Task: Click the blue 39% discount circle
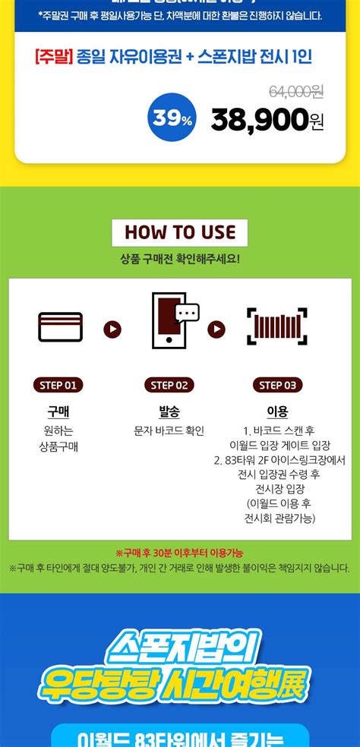pos(173,118)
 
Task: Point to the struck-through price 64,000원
pos(296,91)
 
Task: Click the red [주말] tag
pos(52,56)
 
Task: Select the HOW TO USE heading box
pos(180,232)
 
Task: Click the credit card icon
pos(61,327)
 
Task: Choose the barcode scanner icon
pos(277,326)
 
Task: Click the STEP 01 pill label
pos(58,385)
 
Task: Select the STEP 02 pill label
pos(169,385)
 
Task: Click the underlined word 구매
pos(58,412)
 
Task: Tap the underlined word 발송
pos(169,412)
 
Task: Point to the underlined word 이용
pos(277,412)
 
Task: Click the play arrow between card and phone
pos(112,329)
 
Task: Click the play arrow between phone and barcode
pos(216,329)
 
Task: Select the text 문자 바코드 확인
pos(169,431)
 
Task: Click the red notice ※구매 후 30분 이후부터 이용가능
pos(179,553)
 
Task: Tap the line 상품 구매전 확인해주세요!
pos(180,259)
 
